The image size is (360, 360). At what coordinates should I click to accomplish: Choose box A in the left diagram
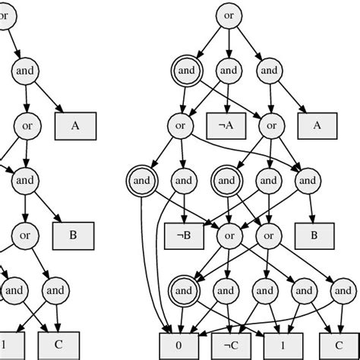(74, 126)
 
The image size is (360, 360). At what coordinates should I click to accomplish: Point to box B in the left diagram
(72, 235)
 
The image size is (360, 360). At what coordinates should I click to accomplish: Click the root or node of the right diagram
(229, 14)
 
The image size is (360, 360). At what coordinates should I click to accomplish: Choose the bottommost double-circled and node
(183, 289)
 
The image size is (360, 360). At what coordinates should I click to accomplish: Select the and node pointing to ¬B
(183, 181)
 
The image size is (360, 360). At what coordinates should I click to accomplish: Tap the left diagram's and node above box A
(25, 71)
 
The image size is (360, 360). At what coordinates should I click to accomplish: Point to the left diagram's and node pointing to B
(25, 181)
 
